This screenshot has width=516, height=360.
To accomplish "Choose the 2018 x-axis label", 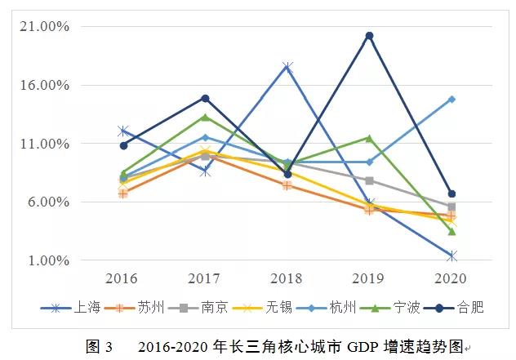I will coord(287,278).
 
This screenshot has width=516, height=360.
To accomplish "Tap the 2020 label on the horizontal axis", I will coord(451,278).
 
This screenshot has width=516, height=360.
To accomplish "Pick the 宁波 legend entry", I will coord(406,308).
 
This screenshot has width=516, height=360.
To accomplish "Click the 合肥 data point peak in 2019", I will coord(369,36).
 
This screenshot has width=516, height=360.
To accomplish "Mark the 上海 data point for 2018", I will coord(287,67).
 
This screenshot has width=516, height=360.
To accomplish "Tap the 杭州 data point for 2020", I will coord(451,100).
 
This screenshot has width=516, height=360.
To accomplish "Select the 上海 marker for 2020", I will coord(451,256).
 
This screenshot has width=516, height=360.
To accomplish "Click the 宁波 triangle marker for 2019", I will coord(369,138).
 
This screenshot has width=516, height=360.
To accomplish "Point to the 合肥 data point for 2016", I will coord(123,145).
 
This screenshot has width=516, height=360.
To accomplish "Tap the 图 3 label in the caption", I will coord(99,347).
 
